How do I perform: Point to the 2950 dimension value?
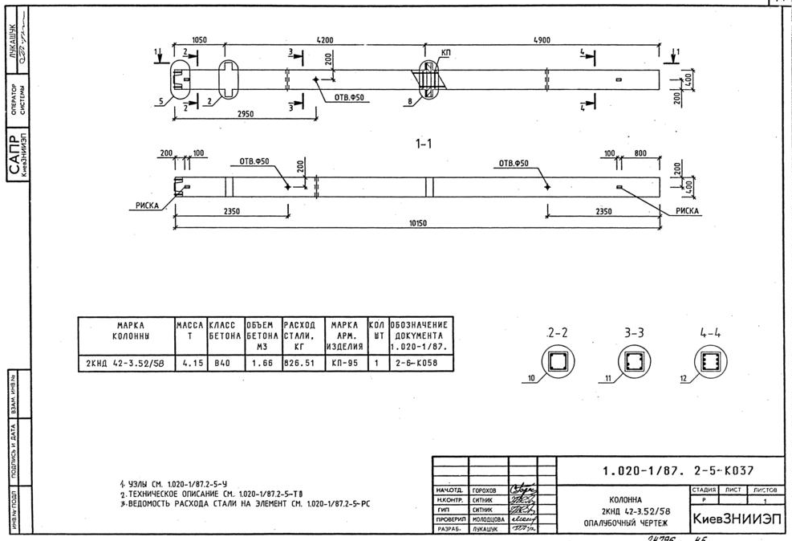coord(246,114)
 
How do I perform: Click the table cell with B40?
coord(221,363)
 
